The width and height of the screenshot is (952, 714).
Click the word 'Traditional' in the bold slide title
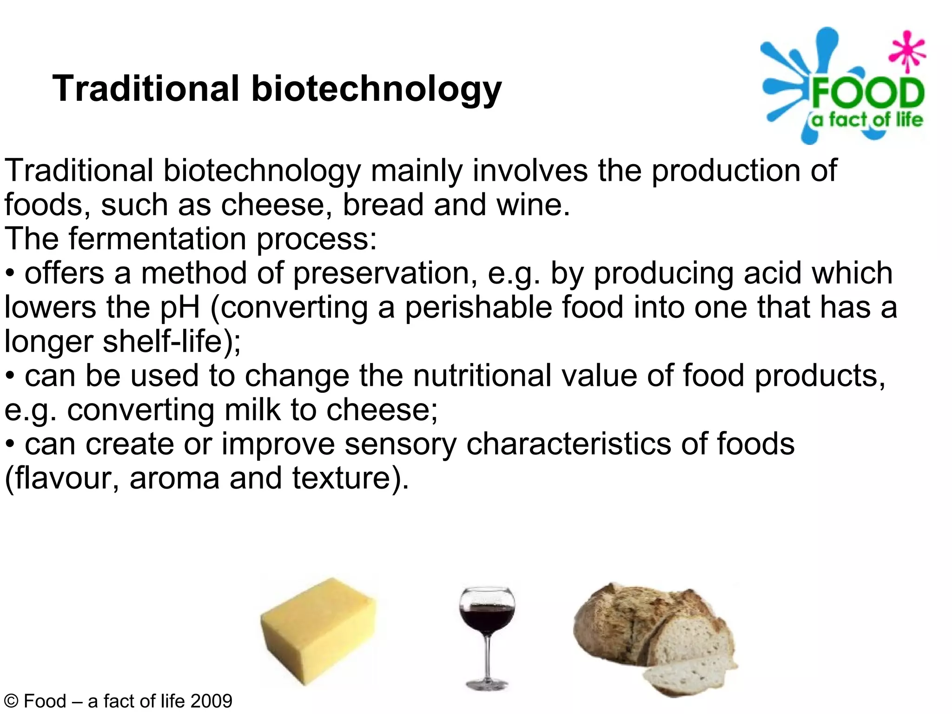(145, 88)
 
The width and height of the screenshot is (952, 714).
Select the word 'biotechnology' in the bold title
(377, 89)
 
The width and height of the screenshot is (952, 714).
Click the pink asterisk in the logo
(907, 51)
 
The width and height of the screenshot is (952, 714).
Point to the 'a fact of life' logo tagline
(867, 120)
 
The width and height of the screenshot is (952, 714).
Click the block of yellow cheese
(318, 630)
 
